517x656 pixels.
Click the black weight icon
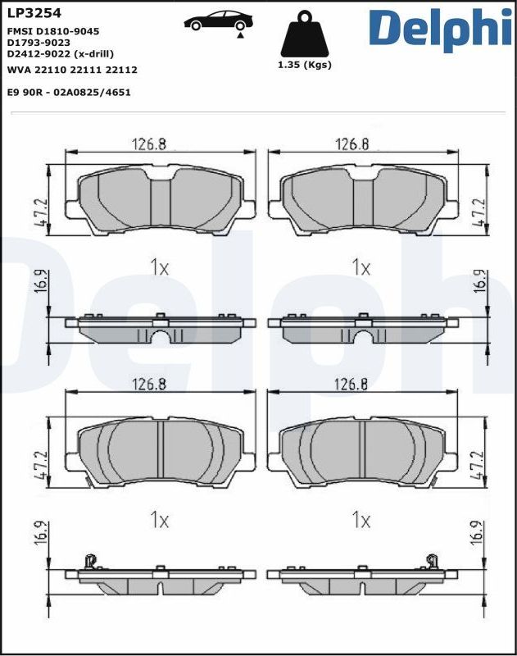(306, 34)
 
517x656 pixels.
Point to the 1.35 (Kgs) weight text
(306, 66)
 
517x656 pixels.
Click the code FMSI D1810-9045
(53, 30)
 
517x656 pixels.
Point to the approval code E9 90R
(25, 93)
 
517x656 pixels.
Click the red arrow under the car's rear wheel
(239, 35)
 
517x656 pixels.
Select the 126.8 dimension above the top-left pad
(149, 144)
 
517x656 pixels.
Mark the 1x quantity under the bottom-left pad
(159, 520)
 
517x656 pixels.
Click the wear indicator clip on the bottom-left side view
(90, 562)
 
